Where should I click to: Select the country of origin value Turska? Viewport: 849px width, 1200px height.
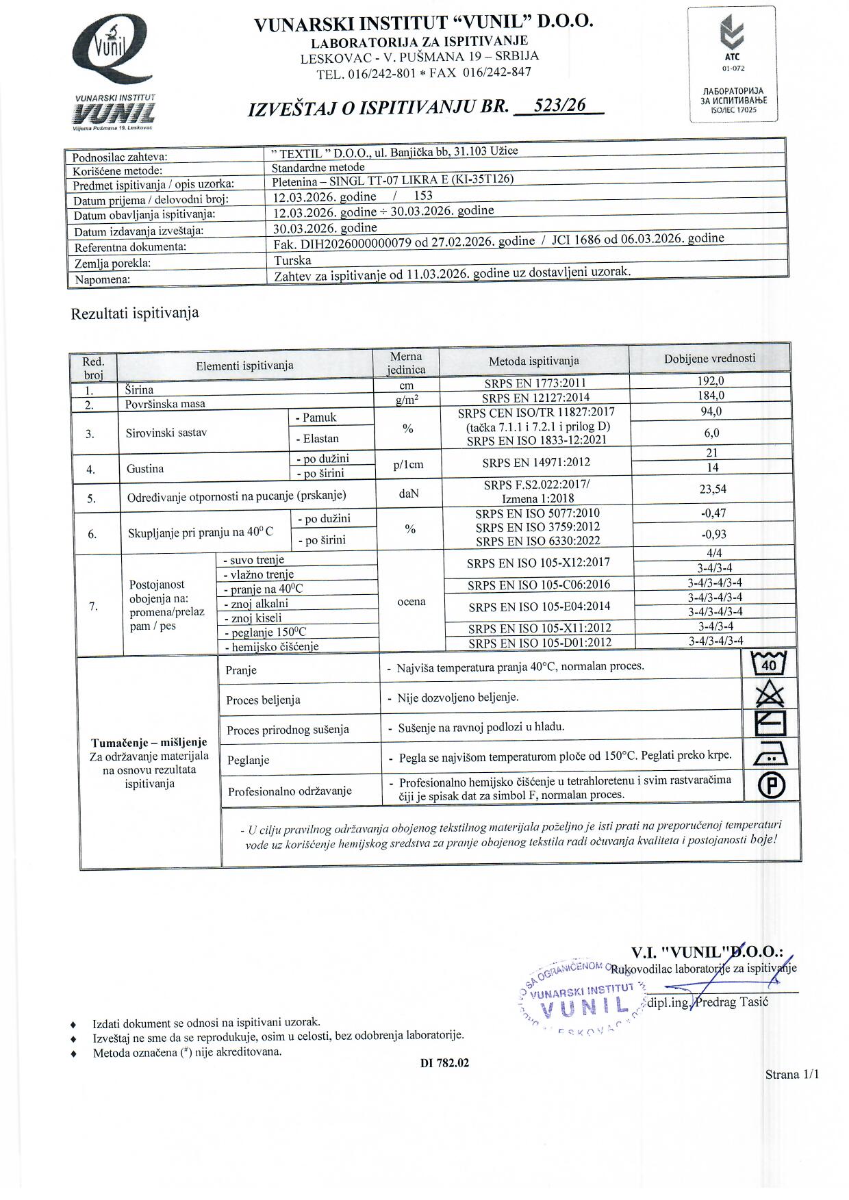(x=292, y=261)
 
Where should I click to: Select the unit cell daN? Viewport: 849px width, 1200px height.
(x=408, y=492)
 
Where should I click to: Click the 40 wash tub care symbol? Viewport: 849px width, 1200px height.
(x=769, y=663)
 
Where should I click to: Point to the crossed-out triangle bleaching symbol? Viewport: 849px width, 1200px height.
(x=769, y=695)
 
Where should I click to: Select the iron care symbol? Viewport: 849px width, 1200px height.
(x=770, y=754)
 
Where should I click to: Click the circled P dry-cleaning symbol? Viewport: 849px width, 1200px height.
(x=771, y=785)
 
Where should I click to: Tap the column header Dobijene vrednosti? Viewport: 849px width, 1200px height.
(x=709, y=358)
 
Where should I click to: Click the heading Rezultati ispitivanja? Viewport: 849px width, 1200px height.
(x=135, y=314)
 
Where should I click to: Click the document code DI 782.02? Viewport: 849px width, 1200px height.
(x=444, y=1063)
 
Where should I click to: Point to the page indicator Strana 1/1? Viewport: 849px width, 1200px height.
(x=791, y=1074)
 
